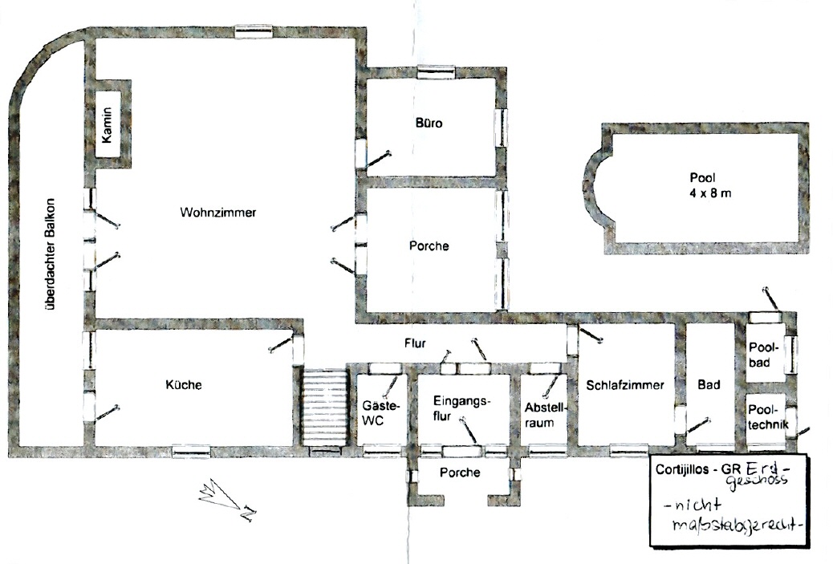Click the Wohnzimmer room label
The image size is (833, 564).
[x=217, y=213]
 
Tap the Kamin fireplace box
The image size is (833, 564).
[x=108, y=124]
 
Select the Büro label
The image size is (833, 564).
[x=429, y=124]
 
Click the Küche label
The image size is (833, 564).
[x=184, y=384]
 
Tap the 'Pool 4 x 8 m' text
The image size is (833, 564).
[x=709, y=185]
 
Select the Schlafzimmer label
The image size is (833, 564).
[x=625, y=385]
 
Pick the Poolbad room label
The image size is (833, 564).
[x=763, y=355]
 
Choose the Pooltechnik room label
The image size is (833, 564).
[x=768, y=417]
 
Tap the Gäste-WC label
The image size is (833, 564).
[x=380, y=412]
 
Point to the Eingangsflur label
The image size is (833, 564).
[x=460, y=408]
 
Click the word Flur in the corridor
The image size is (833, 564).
[x=415, y=343]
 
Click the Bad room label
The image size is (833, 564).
[x=709, y=384]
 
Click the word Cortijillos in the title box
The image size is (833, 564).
[x=681, y=470]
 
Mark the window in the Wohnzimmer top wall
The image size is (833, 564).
[x=254, y=32]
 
